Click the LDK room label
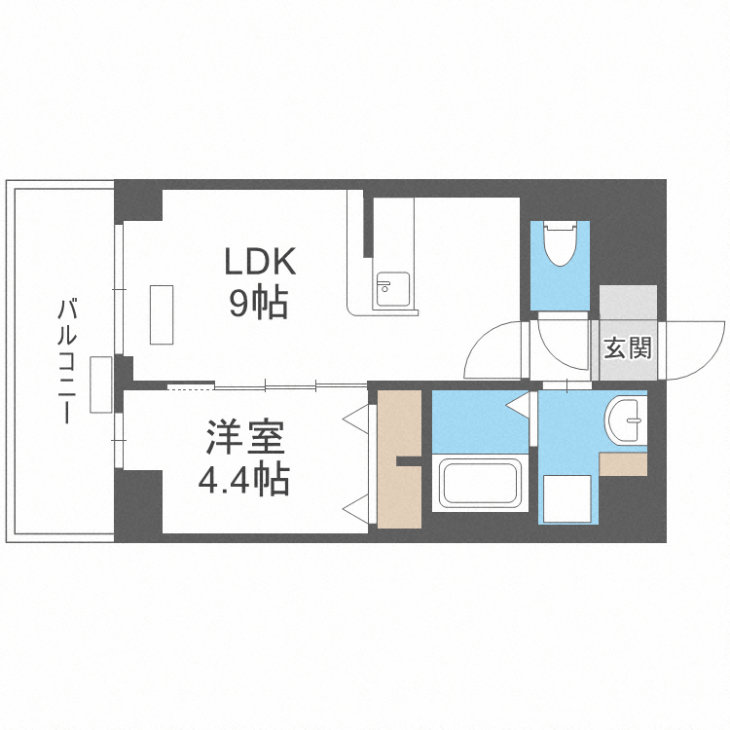(260, 262)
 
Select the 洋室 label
(245, 437)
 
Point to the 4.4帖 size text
(244, 479)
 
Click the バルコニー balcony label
(66, 361)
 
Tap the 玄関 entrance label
(628, 347)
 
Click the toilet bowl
(561, 243)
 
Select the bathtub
(481, 483)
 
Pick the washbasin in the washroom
(625, 420)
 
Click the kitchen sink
(393, 289)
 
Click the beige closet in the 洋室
(399, 459)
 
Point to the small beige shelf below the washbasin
(623, 463)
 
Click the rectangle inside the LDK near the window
(162, 314)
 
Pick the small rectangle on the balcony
(101, 384)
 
